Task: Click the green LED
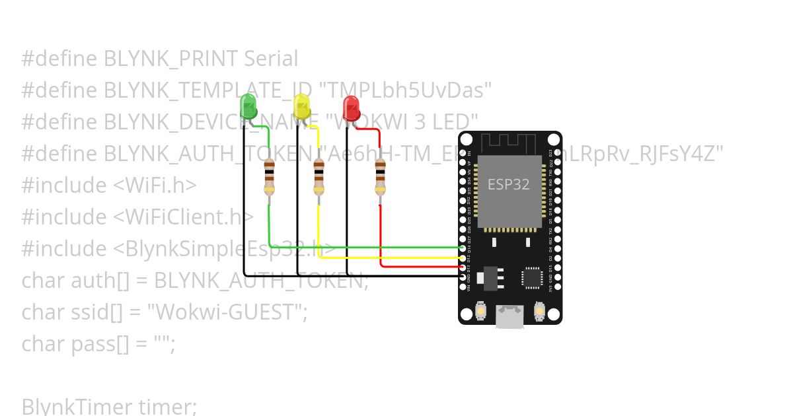point(248,106)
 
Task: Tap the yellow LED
point(301,106)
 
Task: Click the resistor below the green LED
point(269,176)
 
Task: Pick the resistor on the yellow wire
point(319,176)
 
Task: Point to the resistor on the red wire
point(380,176)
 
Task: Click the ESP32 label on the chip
point(508,184)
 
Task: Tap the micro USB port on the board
point(510,316)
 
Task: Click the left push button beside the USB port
point(481,310)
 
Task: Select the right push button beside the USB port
point(539,310)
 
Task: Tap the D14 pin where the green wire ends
point(462,248)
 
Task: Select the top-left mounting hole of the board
point(467,139)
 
